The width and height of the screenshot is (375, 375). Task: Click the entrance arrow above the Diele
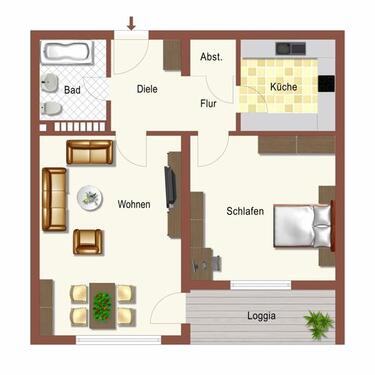(x=131, y=21)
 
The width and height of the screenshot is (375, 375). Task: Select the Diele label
(x=148, y=89)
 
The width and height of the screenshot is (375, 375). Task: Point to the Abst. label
(x=212, y=58)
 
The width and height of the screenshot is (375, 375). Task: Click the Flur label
(x=209, y=104)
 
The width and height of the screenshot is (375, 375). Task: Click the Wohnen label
(x=134, y=204)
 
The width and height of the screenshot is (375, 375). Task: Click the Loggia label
(x=261, y=316)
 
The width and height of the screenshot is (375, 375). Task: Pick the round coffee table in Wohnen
(x=91, y=197)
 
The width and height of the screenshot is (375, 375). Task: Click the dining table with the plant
(x=101, y=301)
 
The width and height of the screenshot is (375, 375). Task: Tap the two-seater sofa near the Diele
(x=90, y=152)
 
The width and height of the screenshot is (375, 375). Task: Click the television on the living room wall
(x=170, y=186)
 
